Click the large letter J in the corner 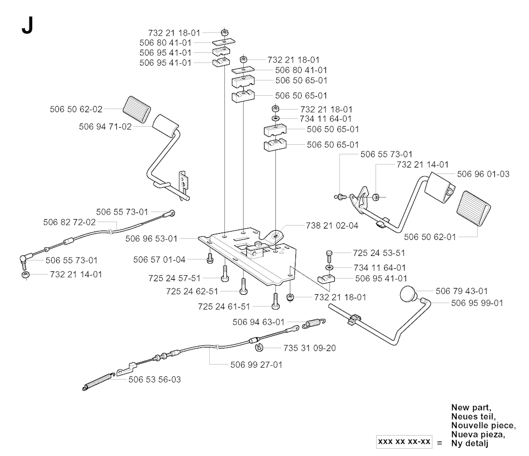[x=27, y=26]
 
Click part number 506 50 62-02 [x=76, y=109]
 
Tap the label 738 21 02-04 [x=332, y=226]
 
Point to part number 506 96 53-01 [x=151, y=239]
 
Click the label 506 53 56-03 [x=154, y=379]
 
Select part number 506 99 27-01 [x=256, y=363]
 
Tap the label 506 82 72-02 [x=70, y=222]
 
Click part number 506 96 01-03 [x=484, y=174]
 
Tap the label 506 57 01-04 [x=159, y=260]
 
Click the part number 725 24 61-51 [x=224, y=307]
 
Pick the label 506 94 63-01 [x=258, y=322]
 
